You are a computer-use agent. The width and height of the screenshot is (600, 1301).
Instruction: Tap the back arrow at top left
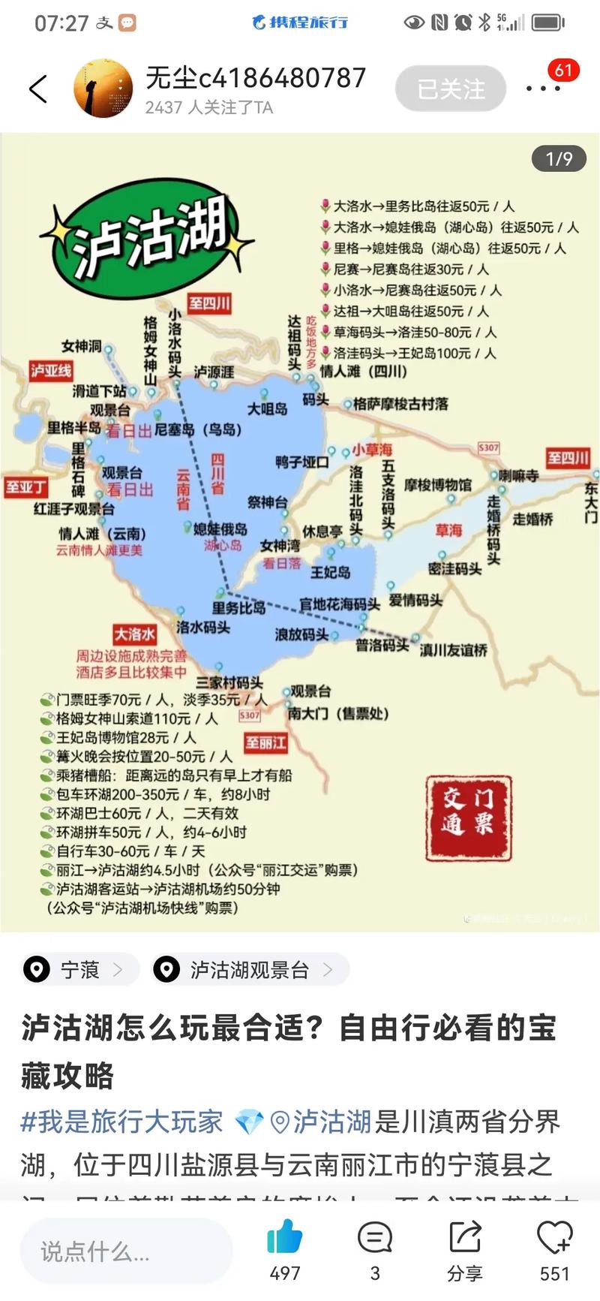(38, 89)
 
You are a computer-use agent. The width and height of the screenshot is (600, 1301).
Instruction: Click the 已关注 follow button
(451, 90)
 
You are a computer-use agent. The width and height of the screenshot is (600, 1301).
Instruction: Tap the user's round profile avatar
(103, 89)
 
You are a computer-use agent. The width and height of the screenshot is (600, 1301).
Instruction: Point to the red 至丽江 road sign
(265, 742)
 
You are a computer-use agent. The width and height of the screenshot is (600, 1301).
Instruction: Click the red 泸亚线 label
(51, 370)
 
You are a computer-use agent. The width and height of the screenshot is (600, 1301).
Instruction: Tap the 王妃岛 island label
(331, 572)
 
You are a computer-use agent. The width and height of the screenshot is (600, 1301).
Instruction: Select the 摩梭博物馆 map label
(438, 485)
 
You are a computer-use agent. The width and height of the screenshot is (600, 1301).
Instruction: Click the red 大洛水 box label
(135, 634)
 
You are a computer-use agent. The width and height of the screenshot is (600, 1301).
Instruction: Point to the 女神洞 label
(82, 346)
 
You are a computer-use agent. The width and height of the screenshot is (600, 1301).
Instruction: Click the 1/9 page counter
(559, 158)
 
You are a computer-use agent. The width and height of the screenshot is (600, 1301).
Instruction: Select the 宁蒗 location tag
(79, 970)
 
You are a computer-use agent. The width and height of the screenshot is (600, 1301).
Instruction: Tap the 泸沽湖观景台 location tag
(249, 970)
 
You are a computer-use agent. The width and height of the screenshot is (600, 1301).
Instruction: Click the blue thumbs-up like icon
(284, 1236)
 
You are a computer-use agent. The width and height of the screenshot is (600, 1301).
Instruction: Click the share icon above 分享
(465, 1236)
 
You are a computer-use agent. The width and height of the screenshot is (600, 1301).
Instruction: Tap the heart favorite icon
(554, 1236)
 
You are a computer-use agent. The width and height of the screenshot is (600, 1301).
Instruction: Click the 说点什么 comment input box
(126, 1251)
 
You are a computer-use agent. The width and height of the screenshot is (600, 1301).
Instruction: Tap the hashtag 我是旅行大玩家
(121, 1122)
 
